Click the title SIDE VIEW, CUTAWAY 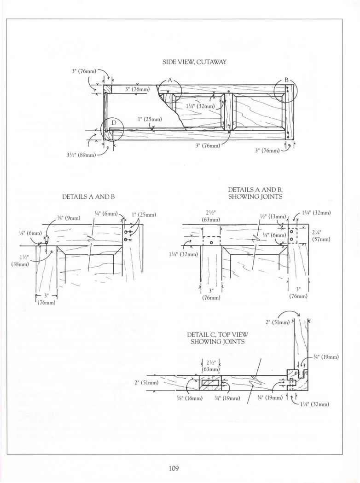click(194, 62)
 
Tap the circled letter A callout click(169, 80)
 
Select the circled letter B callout click(286, 80)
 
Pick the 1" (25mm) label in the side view click(150, 119)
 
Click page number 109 click(173, 468)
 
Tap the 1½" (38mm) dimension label click(20, 261)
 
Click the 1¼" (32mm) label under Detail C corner click(316, 404)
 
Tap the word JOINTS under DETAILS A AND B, click(271, 196)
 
